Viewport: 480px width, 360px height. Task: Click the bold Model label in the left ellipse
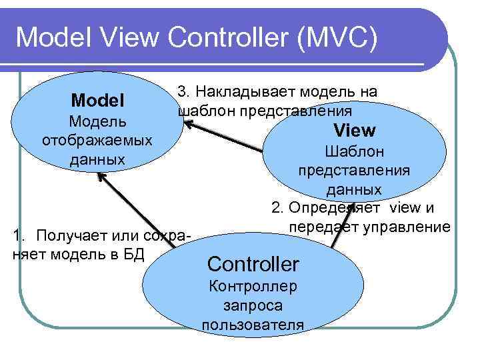98,101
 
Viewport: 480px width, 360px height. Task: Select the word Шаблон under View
354,151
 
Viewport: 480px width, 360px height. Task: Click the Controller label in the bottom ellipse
253,264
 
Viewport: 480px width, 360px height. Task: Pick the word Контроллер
253,287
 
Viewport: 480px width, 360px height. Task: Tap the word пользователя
253,325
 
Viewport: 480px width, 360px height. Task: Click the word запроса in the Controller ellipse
253,306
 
